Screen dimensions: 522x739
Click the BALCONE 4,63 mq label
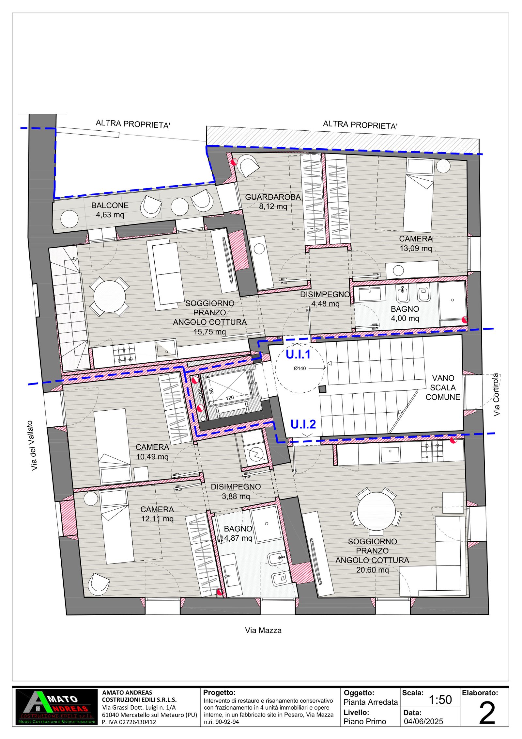[110, 210]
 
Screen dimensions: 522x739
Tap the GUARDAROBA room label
[273, 197]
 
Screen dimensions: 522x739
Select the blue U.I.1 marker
[298, 354]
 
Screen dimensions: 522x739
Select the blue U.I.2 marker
[303, 424]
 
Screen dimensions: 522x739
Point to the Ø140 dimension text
[300, 369]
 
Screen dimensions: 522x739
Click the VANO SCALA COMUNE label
[443, 387]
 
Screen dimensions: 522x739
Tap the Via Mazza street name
[263, 631]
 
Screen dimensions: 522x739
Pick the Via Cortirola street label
[496, 395]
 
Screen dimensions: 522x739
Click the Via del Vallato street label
[34, 446]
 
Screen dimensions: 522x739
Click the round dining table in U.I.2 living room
[376, 511]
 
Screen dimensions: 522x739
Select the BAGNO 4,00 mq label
[405, 314]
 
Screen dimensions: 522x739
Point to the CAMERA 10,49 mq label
[152, 452]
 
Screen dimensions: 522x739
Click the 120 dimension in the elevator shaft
[230, 398]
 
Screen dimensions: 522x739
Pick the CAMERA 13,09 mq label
[416, 243]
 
